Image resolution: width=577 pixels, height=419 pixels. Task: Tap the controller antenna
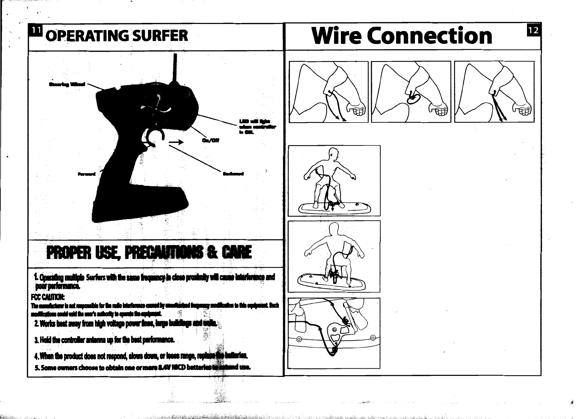175,68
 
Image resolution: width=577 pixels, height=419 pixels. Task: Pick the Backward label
233,174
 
